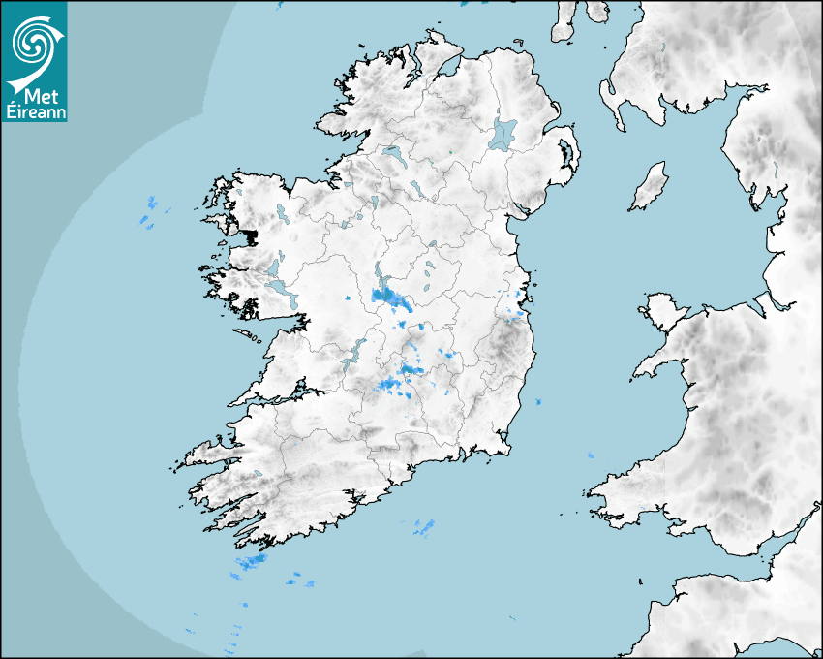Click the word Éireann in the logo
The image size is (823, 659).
click(x=35, y=111)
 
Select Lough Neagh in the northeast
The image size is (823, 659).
click(x=503, y=133)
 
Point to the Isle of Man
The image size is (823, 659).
click(x=650, y=187)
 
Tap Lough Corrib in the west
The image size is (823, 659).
click(x=282, y=289)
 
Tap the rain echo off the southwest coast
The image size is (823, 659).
click(x=255, y=562)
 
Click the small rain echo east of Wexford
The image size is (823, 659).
click(x=538, y=401)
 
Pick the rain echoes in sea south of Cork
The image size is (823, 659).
click(x=423, y=528)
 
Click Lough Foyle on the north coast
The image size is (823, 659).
click(x=448, y=68)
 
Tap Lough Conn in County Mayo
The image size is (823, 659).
click(x=281, y=212)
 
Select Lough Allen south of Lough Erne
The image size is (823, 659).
click(x=372, y=204)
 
